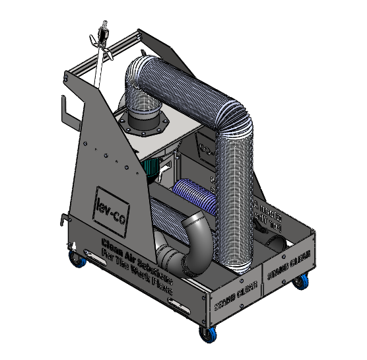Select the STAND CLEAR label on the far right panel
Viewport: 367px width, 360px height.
[x=288, y=268]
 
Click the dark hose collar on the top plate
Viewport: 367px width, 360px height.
[x=148, y=124]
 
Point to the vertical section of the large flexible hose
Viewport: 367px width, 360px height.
[x=236, y=198]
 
